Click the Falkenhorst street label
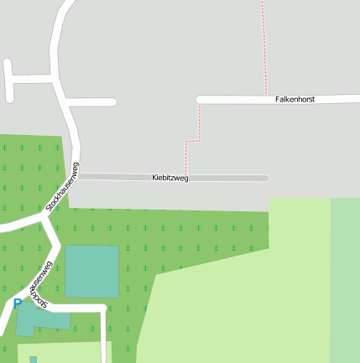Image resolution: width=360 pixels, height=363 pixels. coord(295,99)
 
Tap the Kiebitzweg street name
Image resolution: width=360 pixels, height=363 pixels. coord(170,178)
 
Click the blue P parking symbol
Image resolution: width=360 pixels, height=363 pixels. coord(17,303)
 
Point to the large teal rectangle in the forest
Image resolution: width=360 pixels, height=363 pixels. coord(91,271)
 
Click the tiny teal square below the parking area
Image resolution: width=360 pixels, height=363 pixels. coord(34,360)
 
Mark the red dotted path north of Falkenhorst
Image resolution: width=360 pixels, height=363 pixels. coord(263,46)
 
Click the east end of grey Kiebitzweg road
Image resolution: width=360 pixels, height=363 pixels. coord(265,178)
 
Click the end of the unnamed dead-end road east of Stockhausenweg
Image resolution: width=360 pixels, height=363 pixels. coord(112,102)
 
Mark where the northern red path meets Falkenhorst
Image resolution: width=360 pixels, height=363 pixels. coord(265,96)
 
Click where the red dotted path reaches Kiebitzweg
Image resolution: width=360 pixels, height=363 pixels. coord(185,174)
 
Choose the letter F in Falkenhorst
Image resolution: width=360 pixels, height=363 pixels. coord(277,99)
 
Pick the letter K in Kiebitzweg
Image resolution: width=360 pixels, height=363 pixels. coord(154,178)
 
